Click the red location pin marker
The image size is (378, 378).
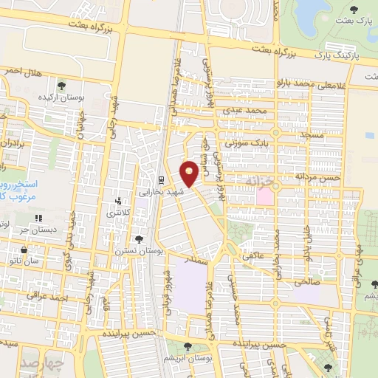click(x=190, y=172)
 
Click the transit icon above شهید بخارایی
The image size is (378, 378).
click(x=161, y=179)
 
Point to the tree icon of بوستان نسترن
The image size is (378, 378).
click(x=140, y=239)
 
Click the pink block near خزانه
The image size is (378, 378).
click(x=264, y=195)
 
